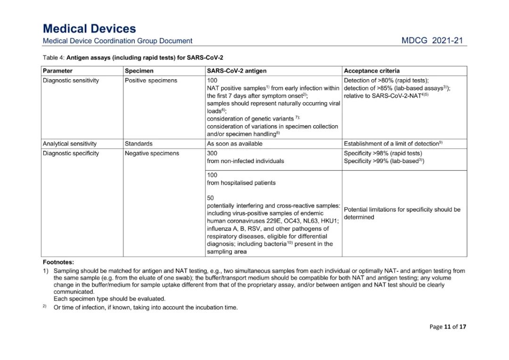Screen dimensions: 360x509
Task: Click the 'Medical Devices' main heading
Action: tap(89, 29)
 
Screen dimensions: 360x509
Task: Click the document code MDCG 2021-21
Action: tap(432, 41)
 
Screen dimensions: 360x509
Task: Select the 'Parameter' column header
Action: tap(57, 71)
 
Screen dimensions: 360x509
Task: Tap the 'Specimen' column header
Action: tap(139, 71)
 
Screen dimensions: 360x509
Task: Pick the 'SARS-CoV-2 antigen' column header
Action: tap(237, 71)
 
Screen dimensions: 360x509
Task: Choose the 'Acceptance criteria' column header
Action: tap(372, 71)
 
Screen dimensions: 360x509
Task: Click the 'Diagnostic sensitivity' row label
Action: tap(71, 81)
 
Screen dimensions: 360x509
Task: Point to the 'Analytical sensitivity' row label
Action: tap(69, 144)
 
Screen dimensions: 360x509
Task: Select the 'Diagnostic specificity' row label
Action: tap(71, 154)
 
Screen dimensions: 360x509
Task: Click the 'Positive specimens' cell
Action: tap(151, 81)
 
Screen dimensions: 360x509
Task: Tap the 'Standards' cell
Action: tap(139, 144)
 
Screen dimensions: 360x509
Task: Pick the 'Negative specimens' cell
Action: tap(152, 154)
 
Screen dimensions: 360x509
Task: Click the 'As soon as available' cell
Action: tap(235, 144)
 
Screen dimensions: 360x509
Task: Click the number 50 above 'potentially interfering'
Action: tap(210, 198)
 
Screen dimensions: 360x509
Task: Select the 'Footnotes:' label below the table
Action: tap(58, 262)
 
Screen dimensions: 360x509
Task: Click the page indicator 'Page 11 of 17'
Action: tap(448, 327)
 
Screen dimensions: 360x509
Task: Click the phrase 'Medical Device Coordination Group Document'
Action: tap(117, 41)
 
